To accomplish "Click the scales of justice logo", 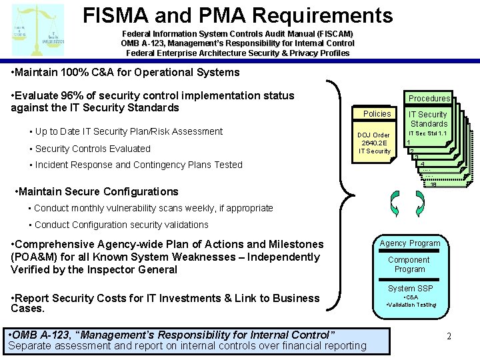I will (x=38, y=29).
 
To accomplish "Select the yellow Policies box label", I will (x=377, y=114).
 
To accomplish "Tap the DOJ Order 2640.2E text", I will (x=375, y=143).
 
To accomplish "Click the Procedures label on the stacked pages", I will (x=429, y=99).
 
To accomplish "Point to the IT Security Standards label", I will (x=429, y=119).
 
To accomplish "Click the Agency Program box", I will (x=409, y=243).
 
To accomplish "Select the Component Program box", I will (x=409, y=265).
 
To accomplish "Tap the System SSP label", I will (x=410, y=289).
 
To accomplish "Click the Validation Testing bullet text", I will (x=411, y=305).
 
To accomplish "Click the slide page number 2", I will (x=449, y=337).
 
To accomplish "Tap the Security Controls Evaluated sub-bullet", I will (x=93, y=149).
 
